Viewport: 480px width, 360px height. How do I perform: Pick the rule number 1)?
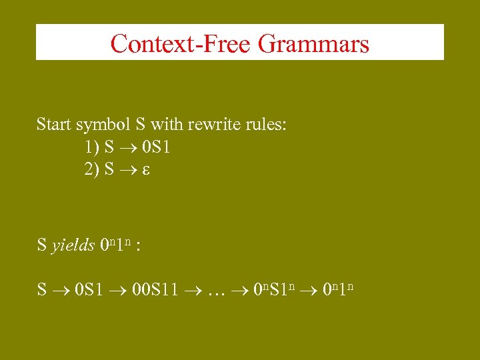[x=92, y=147]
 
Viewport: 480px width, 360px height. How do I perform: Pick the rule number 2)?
[x=92, y=169]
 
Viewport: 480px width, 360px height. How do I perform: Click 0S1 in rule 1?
[x=155, y=147]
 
